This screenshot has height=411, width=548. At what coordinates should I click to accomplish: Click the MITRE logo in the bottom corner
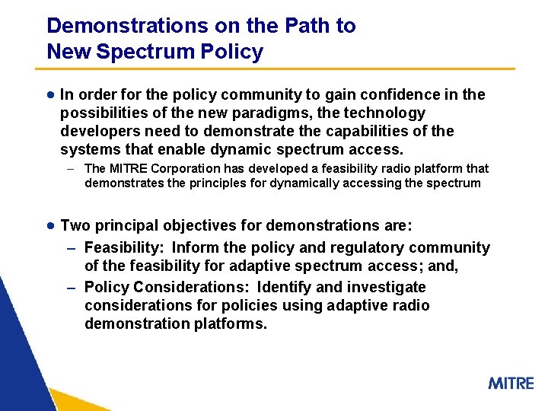coord(511,383)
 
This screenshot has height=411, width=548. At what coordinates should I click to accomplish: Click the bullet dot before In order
coord(49,95)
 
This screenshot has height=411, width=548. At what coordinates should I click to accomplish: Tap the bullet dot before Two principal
coord(49,226)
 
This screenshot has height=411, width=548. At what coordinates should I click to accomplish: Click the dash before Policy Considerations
coord(71,288)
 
